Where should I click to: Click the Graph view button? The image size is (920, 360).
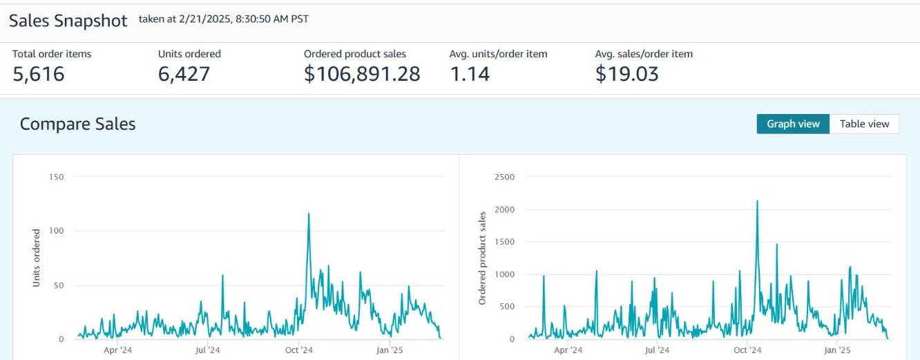point(793,124)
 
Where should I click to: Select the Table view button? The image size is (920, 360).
point(864,124)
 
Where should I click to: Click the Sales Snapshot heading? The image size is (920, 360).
point(68,21)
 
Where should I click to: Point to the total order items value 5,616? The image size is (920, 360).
point(39,74)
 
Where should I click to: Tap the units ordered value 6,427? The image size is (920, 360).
point(184,74)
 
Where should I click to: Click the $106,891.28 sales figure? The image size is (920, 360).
point(362,74)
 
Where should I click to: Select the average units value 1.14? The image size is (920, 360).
point(470,74)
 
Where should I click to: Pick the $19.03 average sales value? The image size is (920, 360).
point(626,74)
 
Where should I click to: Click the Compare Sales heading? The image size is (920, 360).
point(77,124)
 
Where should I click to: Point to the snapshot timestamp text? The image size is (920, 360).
point(223,19)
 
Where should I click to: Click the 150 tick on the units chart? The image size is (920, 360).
point(56,177)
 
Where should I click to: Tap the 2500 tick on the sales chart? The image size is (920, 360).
point(505,177)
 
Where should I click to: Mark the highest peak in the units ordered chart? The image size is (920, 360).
point(309,214)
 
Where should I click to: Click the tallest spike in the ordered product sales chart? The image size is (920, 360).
point(757,202)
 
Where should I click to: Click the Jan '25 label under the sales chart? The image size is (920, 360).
point(836,350)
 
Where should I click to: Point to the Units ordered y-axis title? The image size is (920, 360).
point(36,258)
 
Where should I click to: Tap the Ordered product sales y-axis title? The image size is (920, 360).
point(483,258)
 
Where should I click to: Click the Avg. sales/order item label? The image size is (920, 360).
point(644,54)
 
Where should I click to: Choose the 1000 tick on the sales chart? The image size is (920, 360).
point(505,274)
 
